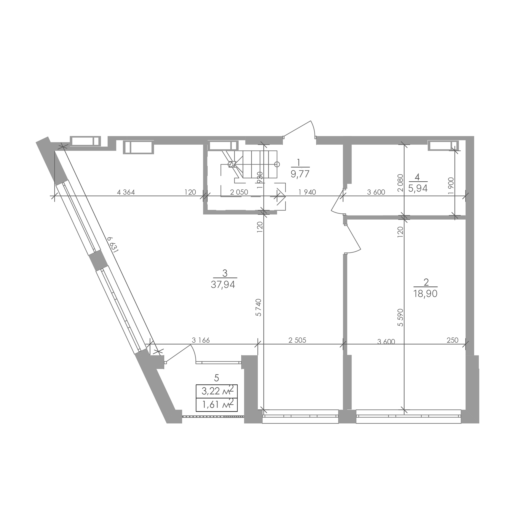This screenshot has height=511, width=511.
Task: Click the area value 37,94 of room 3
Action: pyautogui.click(x=223, y=285)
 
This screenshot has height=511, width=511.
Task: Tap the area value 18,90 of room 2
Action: pyautogui.click(x=426, y=294)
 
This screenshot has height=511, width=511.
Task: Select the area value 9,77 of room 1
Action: pyautogui.click(x=300, y=174)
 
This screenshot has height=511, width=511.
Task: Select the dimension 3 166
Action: pyautogui.click(x=201, y=340)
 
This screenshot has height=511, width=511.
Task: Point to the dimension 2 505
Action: pyautogui.click(x=297, y=340)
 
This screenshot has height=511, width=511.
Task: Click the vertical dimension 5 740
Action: pyautogui.click(x=259, y=307)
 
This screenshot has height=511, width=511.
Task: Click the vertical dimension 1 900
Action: pyautogui.click(x=451, y=186)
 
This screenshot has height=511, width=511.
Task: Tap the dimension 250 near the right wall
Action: pyautogui.click(x=453, y=340)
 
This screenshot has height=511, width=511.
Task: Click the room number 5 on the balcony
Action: pyautogui.click(x=217, y=378)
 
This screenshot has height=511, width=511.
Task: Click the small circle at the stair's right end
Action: pyautogui.click(x=277, y=164)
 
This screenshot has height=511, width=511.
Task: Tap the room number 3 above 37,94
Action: pyautogui.click(x=225, y=273)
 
